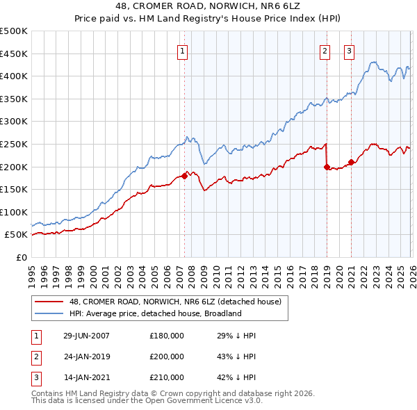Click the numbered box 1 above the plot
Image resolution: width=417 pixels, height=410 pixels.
[x=182, y=50]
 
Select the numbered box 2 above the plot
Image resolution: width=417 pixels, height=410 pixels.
[x=325, y=50]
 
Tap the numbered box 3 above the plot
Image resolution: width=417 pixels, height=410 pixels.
[x=348, y=50]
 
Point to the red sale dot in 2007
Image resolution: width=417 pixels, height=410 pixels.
[x=184, y=176]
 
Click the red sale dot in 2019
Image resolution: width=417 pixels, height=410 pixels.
[x=327, y=167]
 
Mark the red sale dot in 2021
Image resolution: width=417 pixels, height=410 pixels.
[x=351, y=163]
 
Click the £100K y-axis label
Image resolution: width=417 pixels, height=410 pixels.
[x=14, y=212]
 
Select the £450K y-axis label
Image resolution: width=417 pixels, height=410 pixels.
[x=14, y=54]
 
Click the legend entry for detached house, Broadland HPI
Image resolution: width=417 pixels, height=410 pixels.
[x=154, y=313]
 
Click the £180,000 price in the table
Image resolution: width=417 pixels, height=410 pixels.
[x=167, y=336]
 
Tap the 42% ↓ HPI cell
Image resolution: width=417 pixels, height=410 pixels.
[x=236, y=377]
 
